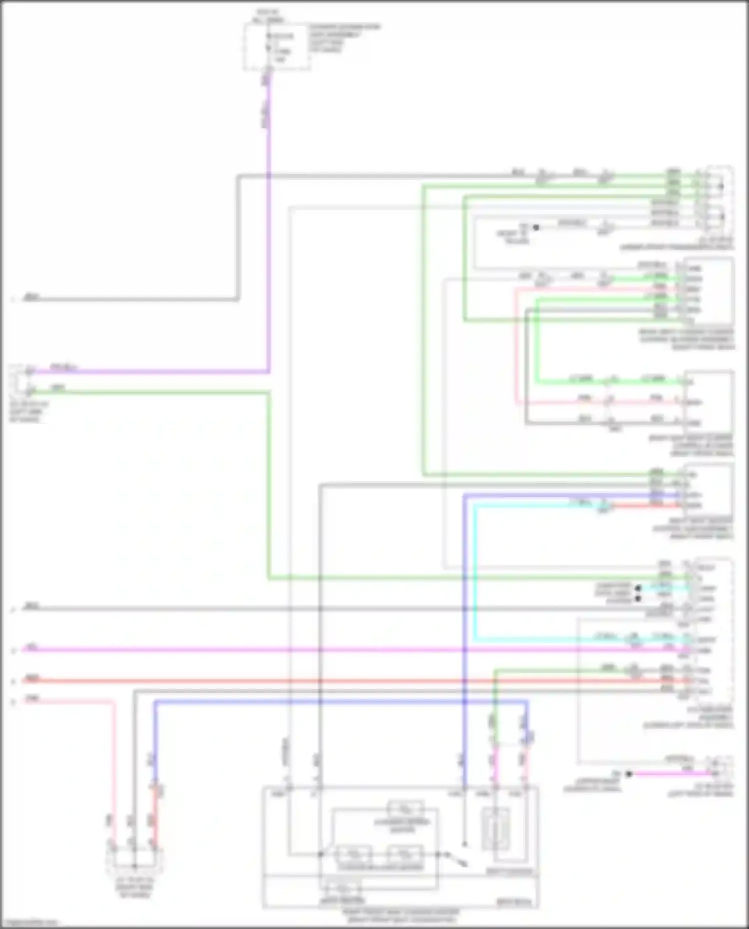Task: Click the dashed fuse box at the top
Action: pos(277,47)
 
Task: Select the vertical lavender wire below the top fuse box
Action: pos(269,225)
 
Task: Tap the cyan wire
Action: pos(474,574)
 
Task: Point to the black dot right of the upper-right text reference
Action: pos(536,228)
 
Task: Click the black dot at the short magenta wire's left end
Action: pos(629,774)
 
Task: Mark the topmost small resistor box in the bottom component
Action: pos(405,808)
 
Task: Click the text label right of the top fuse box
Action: pos(345,38)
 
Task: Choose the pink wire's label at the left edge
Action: pos(32,699)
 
